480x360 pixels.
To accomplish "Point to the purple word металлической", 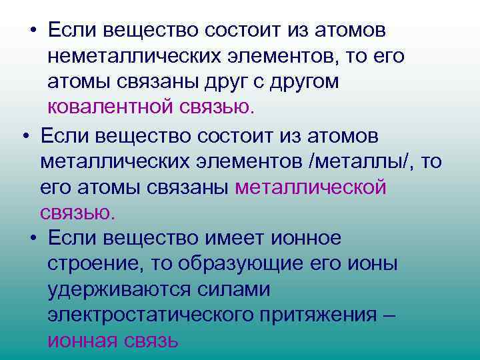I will point(311,187).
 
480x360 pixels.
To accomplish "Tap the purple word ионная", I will point(82,341).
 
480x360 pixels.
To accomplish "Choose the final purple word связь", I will point(151,341).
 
